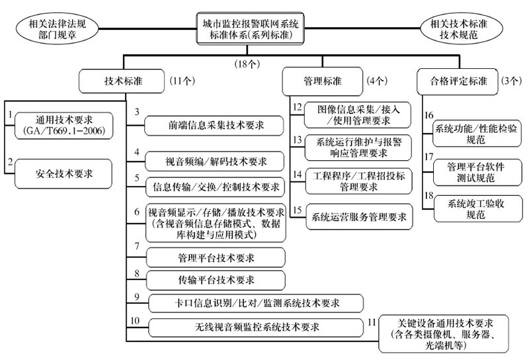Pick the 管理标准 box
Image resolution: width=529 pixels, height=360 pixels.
point(322,82)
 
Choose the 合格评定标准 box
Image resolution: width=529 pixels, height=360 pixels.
point(454,82)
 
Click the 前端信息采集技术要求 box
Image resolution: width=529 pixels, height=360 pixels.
point(215,124)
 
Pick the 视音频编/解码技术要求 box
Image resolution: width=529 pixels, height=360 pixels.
point(215,161)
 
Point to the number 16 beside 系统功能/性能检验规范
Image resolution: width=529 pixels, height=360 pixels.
point(429,114)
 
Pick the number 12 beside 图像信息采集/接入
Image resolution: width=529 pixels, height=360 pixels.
point(297,108)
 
